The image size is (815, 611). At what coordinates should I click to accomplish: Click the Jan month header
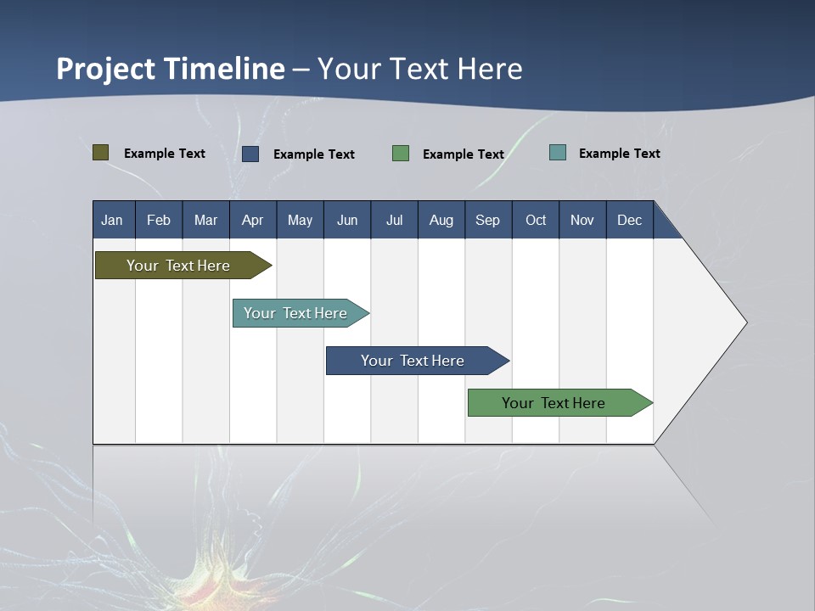(112, 221)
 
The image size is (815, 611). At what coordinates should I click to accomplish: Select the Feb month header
(159, 221)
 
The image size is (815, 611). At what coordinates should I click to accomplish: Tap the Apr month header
(252, 221)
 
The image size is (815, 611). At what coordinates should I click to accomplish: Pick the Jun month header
(347, 221)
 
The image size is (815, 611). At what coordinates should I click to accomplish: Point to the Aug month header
(441, 221)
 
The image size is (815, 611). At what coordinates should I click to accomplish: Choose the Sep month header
(487, 221)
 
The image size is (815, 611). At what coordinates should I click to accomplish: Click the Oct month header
(536, 221)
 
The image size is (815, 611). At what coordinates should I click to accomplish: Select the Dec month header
(629, 221)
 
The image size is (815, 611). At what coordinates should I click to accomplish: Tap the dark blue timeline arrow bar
(413, 361)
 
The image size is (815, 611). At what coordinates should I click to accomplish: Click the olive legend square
(101, 153)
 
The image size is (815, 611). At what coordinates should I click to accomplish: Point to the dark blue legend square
(250, 154)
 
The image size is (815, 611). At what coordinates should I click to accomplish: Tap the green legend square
(401, 154)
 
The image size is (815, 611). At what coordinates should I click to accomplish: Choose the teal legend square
(558, 153)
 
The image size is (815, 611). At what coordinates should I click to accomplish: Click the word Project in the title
(106, 69)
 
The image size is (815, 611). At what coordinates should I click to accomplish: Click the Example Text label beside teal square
(619, 154)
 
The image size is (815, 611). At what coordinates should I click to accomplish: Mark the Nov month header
(582, 221)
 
